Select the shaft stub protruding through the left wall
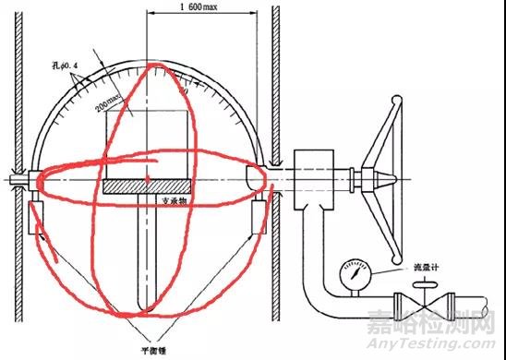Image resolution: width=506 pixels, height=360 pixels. point(14,175)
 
